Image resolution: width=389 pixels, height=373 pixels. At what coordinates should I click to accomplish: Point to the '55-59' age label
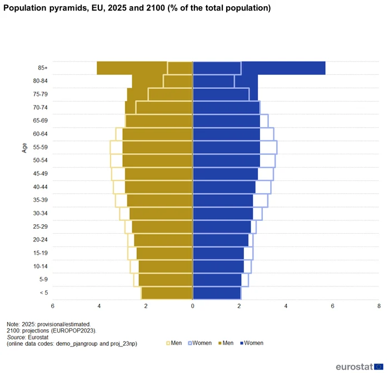coord(41,148)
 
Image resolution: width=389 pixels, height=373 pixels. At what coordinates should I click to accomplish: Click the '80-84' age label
coord(41,81)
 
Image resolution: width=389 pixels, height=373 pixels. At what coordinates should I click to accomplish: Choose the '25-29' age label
coord(41,227)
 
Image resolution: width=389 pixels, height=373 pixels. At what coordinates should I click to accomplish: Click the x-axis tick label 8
coord(378,306)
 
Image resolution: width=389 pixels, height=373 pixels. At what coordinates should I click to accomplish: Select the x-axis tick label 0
coord(192,306)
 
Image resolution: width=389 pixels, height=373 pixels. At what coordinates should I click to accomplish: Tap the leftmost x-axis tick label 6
coord(53,306)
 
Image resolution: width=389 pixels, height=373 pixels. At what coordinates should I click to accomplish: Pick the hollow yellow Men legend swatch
coord(168,344)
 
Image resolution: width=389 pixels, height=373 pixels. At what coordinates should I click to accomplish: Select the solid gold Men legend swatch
coord(217,344)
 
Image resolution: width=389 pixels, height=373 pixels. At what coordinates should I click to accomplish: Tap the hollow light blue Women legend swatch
coord(189,344)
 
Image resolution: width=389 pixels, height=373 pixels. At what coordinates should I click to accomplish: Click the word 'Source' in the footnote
coord(17,337)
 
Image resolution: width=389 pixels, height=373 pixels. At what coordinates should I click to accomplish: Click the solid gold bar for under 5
coord(167,293)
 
